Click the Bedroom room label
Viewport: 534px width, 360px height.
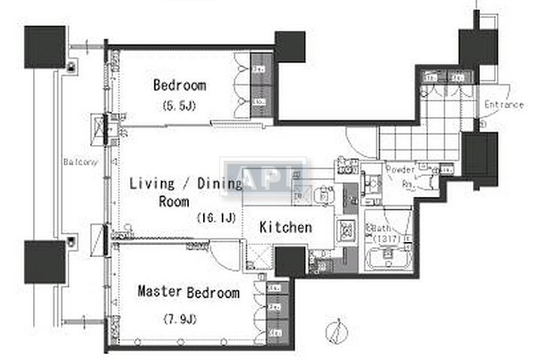pyautogui.click(x=179, y=86)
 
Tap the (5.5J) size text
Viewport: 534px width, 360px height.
pyautogui.click(x=179, y=107)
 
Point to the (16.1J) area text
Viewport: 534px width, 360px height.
pyautogui.click(x=217, y=219)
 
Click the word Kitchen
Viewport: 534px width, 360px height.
pyautogui.click(x=286, y=226)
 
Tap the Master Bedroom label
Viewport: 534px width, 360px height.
pyautogui.click(x=188, y=292)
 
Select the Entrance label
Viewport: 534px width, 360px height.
pyautogui.click(x=503, y=104)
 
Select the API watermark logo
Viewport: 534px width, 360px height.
pyautogui.click(x=262, y=179)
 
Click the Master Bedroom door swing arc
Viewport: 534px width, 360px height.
pyautogui.click(x=223, y=251)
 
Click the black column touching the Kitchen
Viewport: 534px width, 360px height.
pyautogui.click(x=290, y=261)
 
